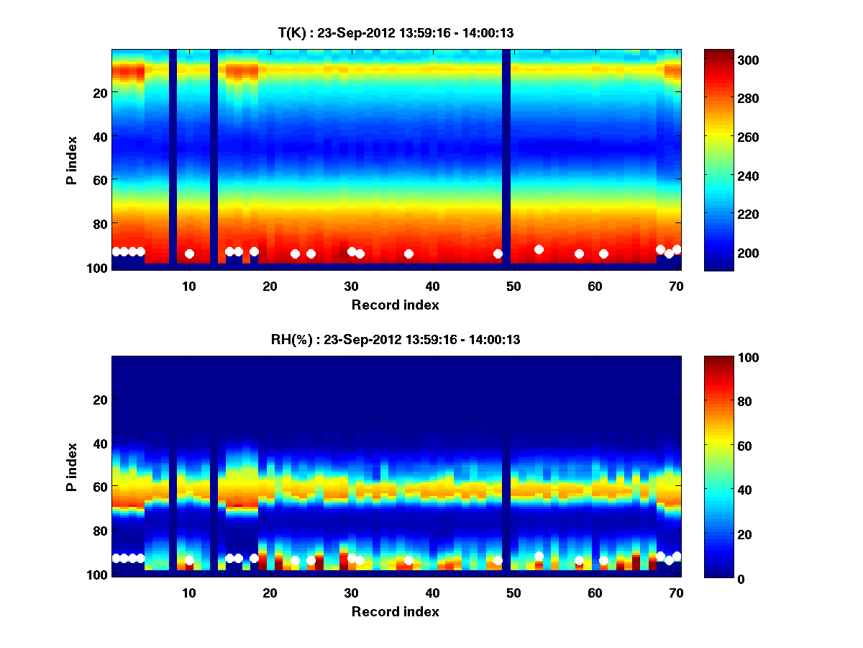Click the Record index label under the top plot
tap(396, 305)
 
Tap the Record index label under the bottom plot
tap(396, 611)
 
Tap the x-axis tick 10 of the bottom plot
tap(188, 593)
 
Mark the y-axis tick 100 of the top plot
tap(99, 268)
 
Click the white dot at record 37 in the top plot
tap(408, 253)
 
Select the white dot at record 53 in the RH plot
tap(539, 556)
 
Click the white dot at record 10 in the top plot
tap(189, 253)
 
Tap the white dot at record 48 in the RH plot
tap(498, 560)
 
